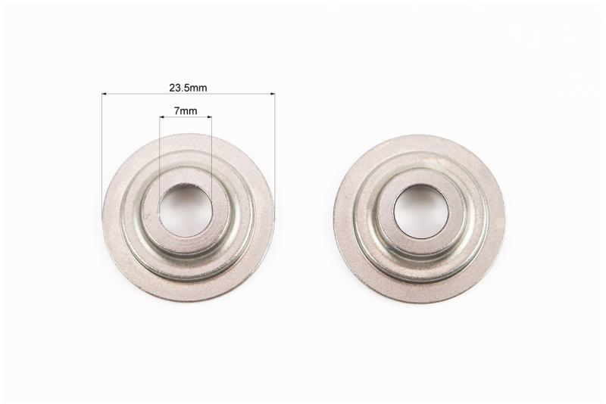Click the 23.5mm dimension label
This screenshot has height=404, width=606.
point(188,88)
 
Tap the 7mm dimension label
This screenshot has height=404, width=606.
point(186,111)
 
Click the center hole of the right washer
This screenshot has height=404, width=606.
point(420,211)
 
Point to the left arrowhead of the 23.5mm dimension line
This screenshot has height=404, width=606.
point(105,93)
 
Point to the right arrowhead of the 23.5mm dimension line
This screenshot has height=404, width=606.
point(272,93)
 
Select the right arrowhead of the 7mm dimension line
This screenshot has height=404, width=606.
point(210,117)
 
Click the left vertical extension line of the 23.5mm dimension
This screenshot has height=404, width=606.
point(102,151)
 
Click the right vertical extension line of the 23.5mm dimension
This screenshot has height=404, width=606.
point(275,151)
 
